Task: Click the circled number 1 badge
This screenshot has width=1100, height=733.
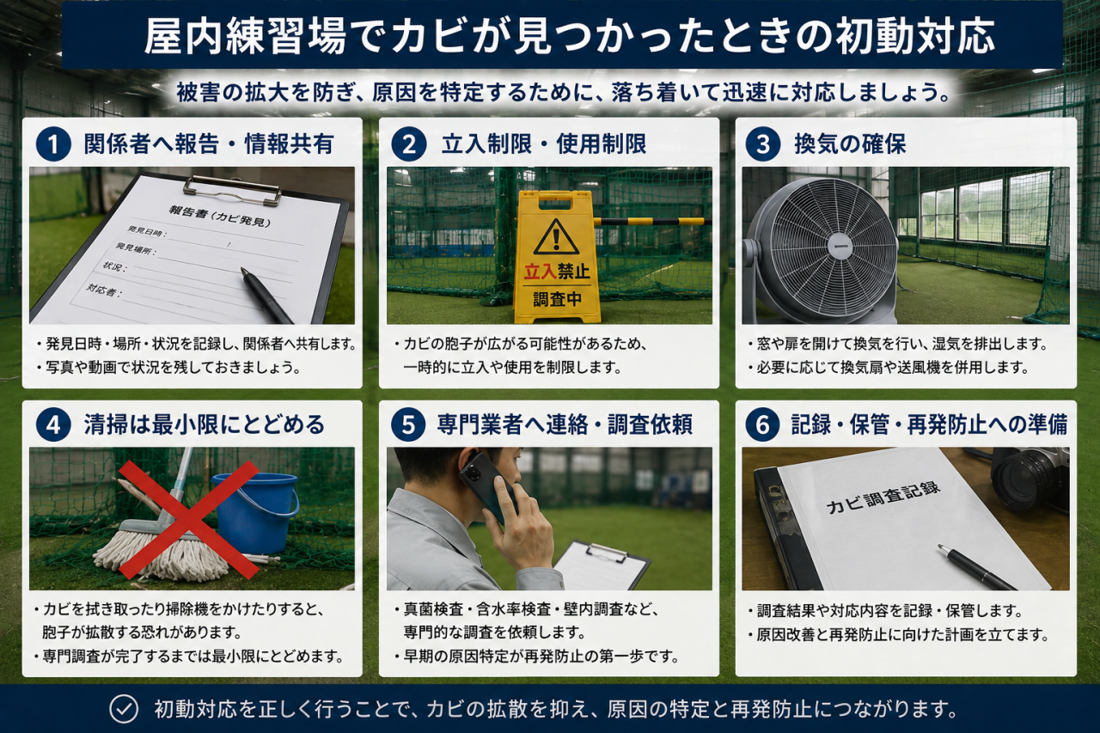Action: pos(53,144)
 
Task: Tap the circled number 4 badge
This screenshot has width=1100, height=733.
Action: pos(53,425)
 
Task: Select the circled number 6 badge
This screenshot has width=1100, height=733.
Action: pos(762,425)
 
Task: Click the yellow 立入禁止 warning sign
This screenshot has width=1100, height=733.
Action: pos(557,257)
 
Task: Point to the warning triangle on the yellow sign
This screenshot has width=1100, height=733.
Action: pos(556,238)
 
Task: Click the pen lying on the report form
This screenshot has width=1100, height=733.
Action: pos(266,295)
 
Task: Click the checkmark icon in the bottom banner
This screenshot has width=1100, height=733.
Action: pos(124,708)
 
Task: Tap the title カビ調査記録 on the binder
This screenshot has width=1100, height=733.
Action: pos(883,496)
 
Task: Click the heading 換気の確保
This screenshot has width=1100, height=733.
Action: pos(850,144)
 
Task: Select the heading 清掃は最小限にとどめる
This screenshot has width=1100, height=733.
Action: pos(205,425)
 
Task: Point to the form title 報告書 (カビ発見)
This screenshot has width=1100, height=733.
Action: pos(219,217)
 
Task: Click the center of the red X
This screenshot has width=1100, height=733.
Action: pos(188,519)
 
